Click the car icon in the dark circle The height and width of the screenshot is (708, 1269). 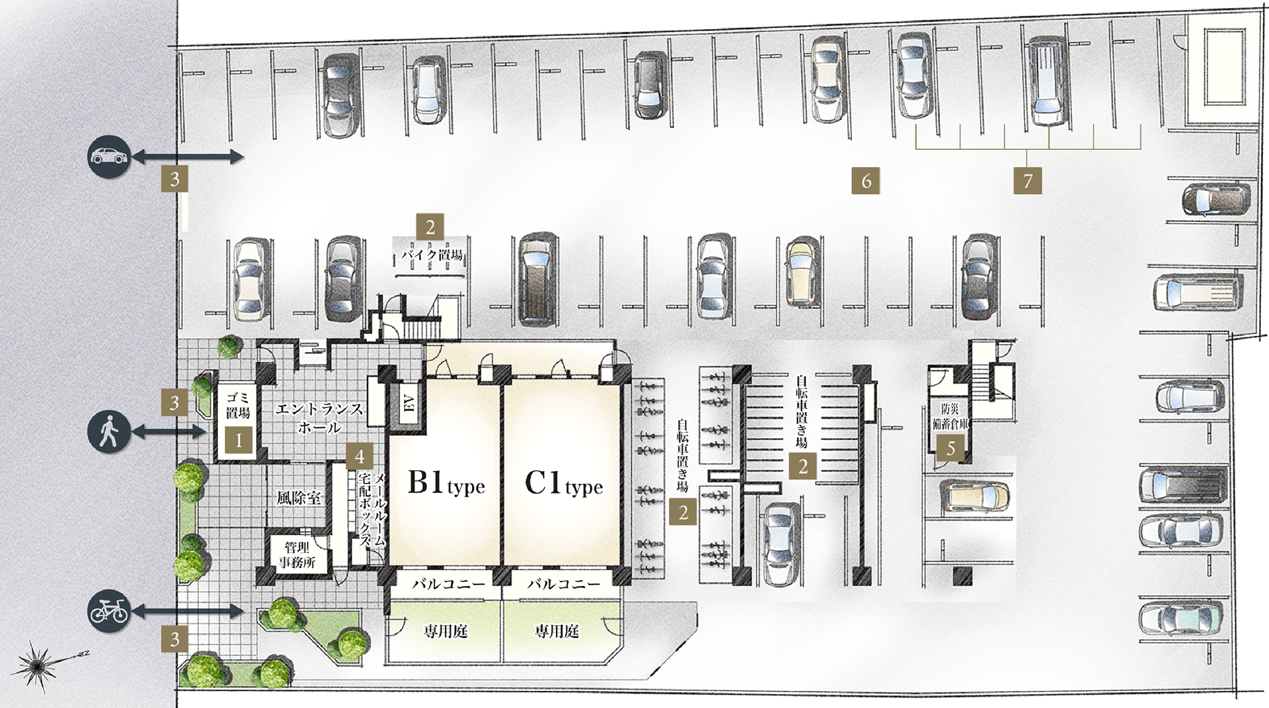(109, 157)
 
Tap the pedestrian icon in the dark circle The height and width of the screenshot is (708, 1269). (109, 433)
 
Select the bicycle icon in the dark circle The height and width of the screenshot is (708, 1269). (109, 612)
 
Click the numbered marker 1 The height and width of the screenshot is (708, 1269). (239, 440)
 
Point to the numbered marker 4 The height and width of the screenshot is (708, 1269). (360, 456)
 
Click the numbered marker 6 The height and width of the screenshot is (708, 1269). (866, 180)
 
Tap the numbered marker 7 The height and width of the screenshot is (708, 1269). (1028, 180)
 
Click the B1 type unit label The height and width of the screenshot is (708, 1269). (446, 483)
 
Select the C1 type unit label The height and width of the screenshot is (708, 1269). (564, 483)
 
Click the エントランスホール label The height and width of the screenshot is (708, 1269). (319, 418)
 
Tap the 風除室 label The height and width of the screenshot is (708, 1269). (299, 497)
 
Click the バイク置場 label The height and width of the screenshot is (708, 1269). (432, 255)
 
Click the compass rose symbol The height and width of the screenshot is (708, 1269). (41, 664)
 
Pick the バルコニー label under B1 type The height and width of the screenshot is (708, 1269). (446, 584)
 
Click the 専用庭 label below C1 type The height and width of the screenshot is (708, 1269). (557, 632)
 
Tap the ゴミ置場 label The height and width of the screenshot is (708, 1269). (239, 405)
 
